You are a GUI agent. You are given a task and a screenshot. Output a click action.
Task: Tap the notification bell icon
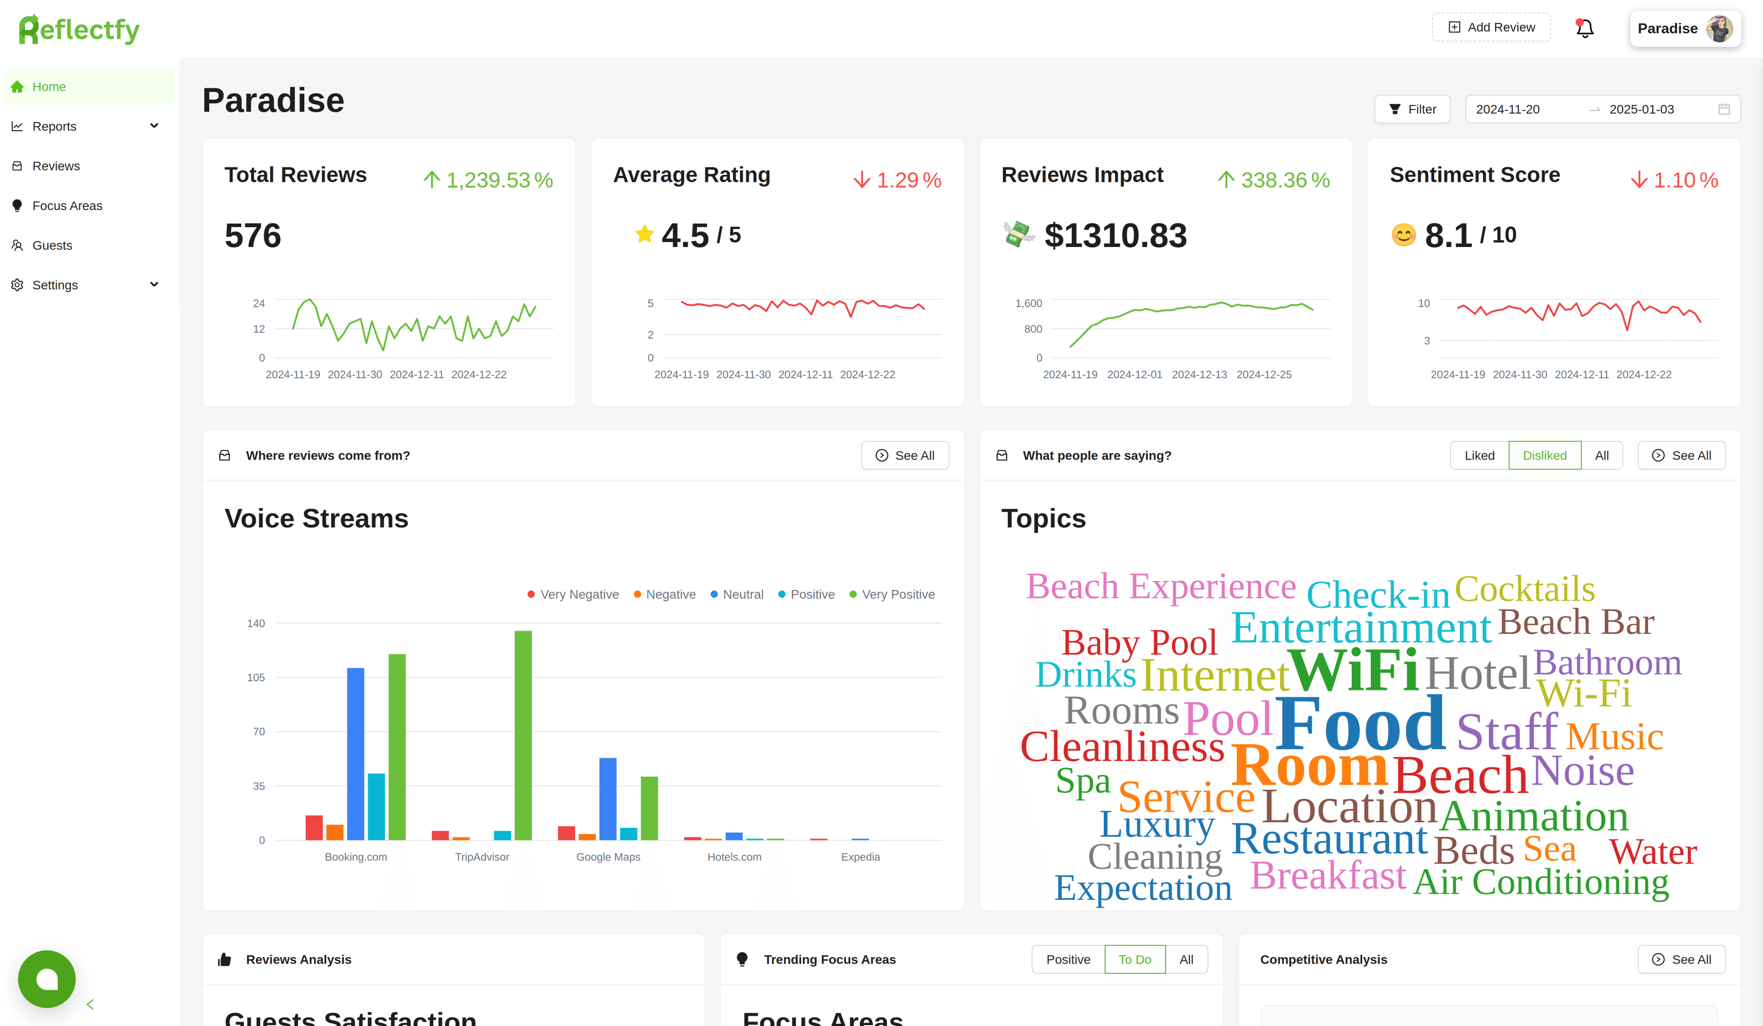point(1584,28)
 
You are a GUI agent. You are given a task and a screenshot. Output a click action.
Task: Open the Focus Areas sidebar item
point(67,206)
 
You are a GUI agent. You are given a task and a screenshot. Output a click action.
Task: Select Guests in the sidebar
point(52,246)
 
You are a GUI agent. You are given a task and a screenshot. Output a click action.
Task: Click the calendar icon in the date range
point(1724,109)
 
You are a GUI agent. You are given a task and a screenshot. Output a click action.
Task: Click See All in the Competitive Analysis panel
point(1681,959)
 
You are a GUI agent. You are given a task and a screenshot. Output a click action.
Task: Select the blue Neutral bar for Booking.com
point(355,754)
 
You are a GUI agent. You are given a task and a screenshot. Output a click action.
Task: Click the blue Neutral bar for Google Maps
point(607,799)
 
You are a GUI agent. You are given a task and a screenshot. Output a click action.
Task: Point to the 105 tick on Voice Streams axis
point(256,677)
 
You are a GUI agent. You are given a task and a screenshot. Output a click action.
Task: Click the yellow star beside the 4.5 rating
point(644,234)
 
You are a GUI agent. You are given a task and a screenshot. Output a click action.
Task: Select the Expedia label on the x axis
point(860,857)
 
